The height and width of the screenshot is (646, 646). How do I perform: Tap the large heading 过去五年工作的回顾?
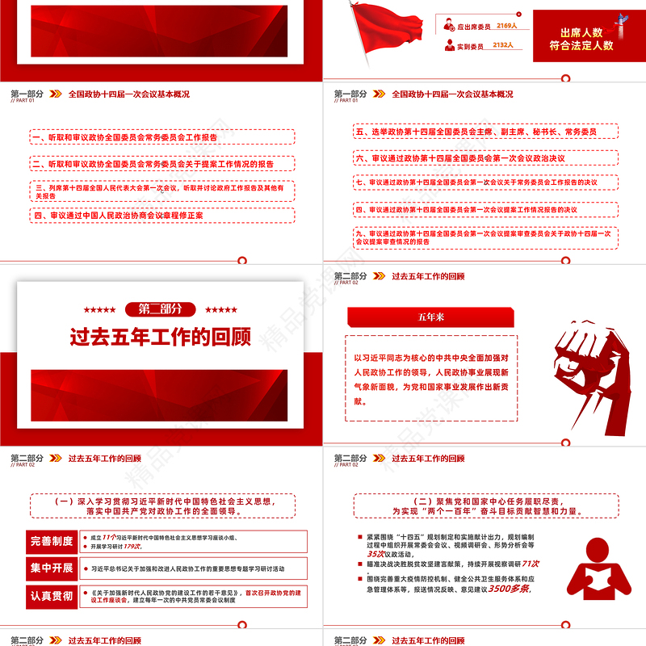click(x=160, y=336)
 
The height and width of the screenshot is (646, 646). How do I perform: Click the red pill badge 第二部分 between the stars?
click(x=160, y=308)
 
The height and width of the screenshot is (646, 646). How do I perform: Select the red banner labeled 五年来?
click(x=430, y=317)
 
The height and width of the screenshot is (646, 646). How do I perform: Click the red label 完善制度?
click(x=52, y=541)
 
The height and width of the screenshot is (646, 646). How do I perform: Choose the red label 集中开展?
click(x=52, y=568)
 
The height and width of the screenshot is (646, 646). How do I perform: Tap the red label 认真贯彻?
click(x=52, y=596)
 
